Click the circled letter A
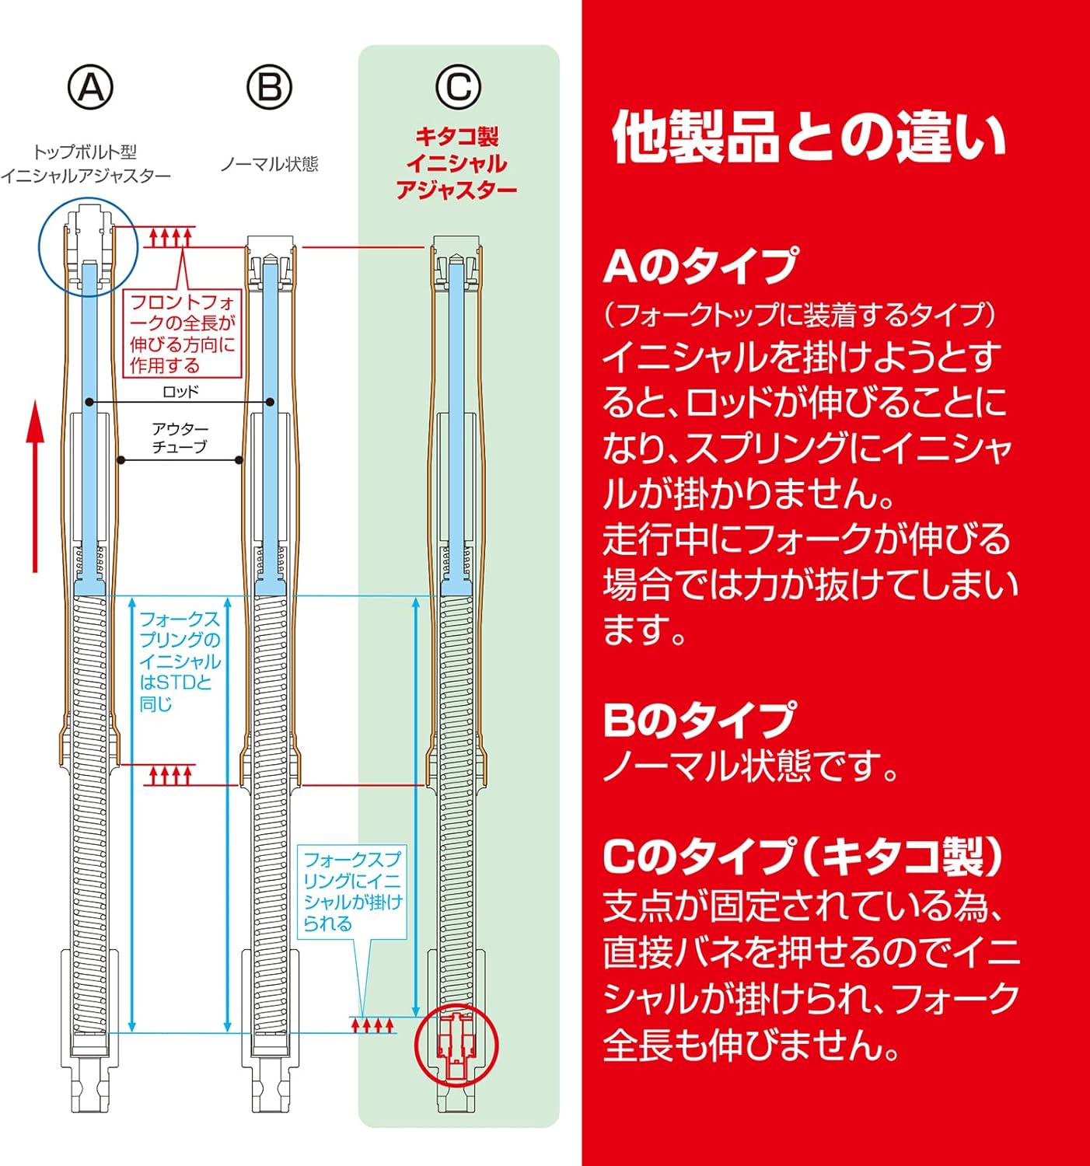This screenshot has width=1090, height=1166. [91, 88]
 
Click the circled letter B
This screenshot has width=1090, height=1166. [270, 88]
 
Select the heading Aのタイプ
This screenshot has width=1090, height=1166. [700, 266]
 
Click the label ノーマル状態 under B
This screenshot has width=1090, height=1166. [269, 164]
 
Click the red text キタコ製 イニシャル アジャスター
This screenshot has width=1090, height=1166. [456, 163]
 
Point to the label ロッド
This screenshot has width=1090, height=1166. [180, 392]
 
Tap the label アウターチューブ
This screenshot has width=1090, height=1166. [180, 438]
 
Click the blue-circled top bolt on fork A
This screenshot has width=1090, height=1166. [88, 246]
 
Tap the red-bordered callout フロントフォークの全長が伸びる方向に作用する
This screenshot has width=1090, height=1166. [182, 333]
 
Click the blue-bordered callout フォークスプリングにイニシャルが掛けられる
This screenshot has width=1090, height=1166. [352, 892]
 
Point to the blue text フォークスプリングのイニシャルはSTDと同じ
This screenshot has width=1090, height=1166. [179, 662]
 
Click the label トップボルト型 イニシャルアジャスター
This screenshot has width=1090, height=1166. [85, 164]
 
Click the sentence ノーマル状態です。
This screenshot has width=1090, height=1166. [751, 766]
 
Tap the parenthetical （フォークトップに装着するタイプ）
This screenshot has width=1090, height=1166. [800, 315]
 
